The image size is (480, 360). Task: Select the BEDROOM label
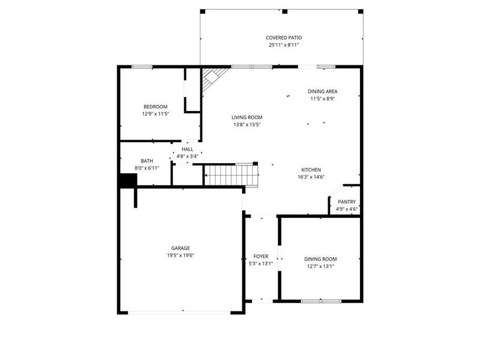click(155, 106)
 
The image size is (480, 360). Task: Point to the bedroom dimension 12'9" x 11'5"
click(155, 113)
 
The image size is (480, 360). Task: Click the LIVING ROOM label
click(247, 118)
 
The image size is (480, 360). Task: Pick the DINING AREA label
click(323, 91)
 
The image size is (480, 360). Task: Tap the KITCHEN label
click(311, 170)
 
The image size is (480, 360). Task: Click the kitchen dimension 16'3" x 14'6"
click(311, 177)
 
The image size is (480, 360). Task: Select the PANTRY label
click(347, 202)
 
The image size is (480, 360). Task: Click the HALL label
click(187, 149)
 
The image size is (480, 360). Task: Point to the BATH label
click(147, 161)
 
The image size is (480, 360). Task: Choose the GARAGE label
click(181, 248)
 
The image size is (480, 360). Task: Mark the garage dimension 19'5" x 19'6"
click(181, 255)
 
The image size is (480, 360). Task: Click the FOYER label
click(260, 256)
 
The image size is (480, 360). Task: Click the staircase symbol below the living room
click(231, 175)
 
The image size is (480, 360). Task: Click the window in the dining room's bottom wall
click(320, 300)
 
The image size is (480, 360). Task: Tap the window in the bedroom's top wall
click(141, 67)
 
